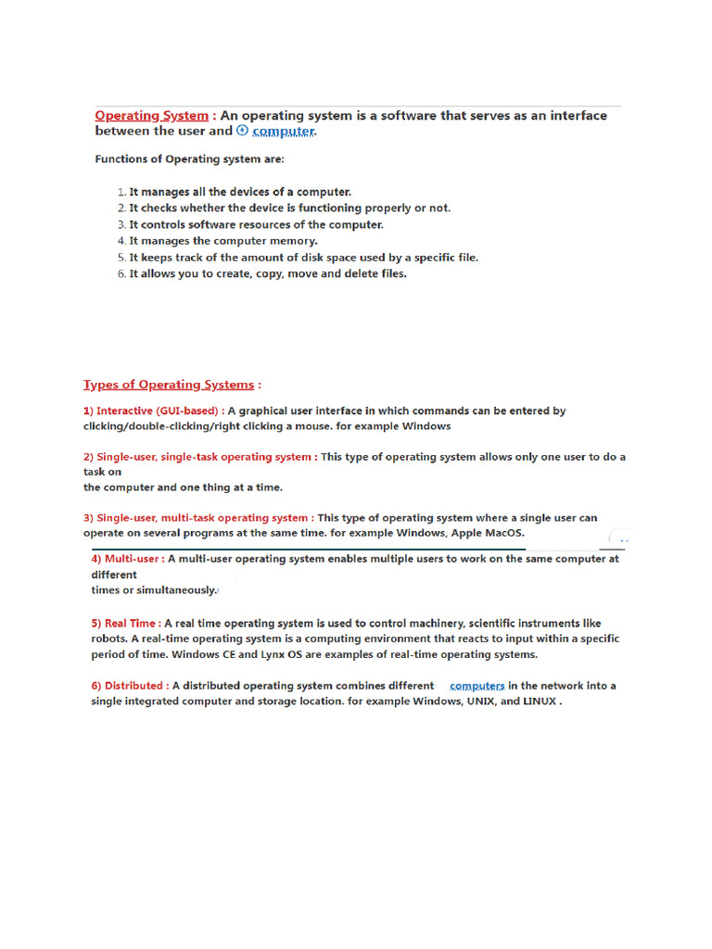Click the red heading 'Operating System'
click(151, 116)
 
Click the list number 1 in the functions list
click(121, 192)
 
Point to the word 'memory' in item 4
click(293, 241)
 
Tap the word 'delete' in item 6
click(339, 274)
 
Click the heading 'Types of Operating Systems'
click(169, 385)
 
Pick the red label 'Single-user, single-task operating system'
click(199, 457)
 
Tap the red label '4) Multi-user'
click(128, 560)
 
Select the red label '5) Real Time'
click(125, 624)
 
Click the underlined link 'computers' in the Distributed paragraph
click(477, 686)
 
